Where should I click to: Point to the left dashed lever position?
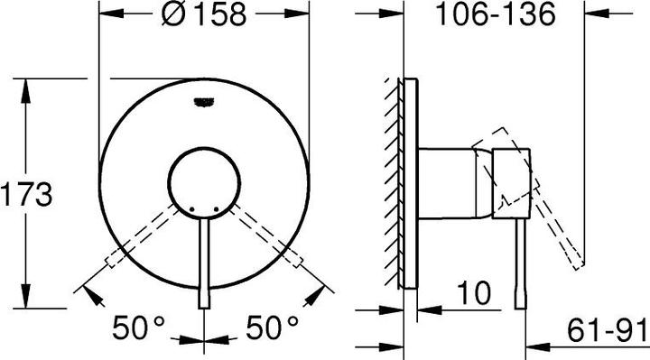tap(144, 236)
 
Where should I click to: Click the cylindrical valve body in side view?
tap(450, 181)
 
